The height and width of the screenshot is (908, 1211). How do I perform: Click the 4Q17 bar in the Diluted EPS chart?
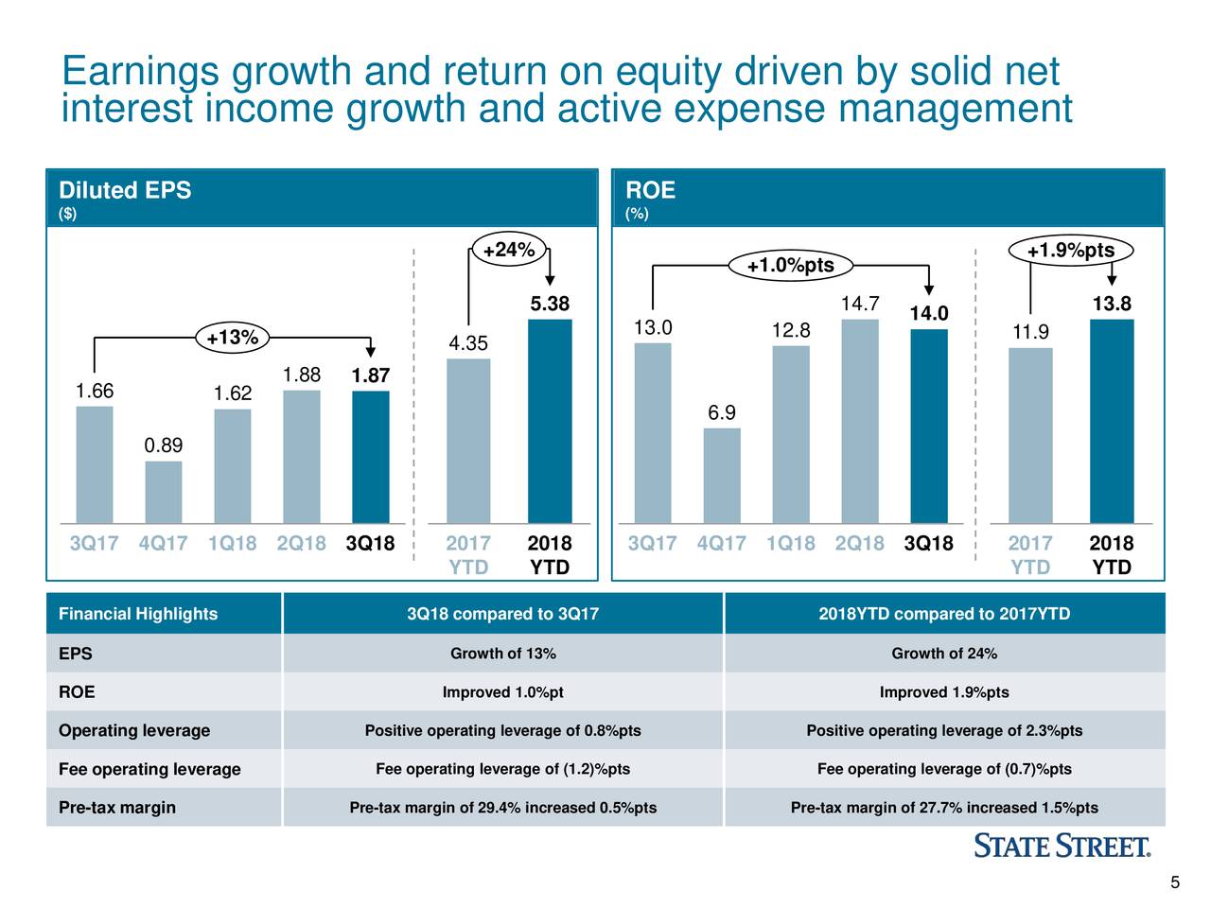pos(163,492)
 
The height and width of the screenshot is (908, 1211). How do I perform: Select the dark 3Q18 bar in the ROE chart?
pos(928,426)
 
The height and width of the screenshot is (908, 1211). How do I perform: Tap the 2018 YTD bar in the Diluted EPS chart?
pos(550,421)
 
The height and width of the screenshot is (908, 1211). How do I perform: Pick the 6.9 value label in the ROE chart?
pos(722,413)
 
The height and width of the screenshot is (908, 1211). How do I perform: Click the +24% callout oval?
pos(509,251)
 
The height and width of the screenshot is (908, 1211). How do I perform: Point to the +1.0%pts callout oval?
pos(791,266)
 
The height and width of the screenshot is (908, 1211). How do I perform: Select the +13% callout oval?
pos(233,338)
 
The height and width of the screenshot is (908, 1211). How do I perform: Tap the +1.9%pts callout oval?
pos(1071,251)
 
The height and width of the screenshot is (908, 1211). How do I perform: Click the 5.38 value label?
pos(550,304)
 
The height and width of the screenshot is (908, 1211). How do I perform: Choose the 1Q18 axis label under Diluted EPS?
pos(232,544)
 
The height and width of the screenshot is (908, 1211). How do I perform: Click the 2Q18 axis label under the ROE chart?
pos(859,544)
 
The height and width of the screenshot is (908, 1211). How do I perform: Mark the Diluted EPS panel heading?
pos(125,190)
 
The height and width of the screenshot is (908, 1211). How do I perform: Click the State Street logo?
pos(1062,846)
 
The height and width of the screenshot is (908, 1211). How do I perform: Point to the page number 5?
pos(1175,883)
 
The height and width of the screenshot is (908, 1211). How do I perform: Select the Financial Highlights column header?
pos(138,614)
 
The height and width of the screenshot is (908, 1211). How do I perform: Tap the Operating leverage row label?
pos(134,730)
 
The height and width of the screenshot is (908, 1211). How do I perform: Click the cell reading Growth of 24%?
pos(944,654)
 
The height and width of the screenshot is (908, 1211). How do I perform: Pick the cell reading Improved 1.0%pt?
pos(502,692)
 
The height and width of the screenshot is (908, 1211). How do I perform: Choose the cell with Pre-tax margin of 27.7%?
pos(944,808)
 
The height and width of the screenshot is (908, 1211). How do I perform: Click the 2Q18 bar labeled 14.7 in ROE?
pos(859,421)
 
